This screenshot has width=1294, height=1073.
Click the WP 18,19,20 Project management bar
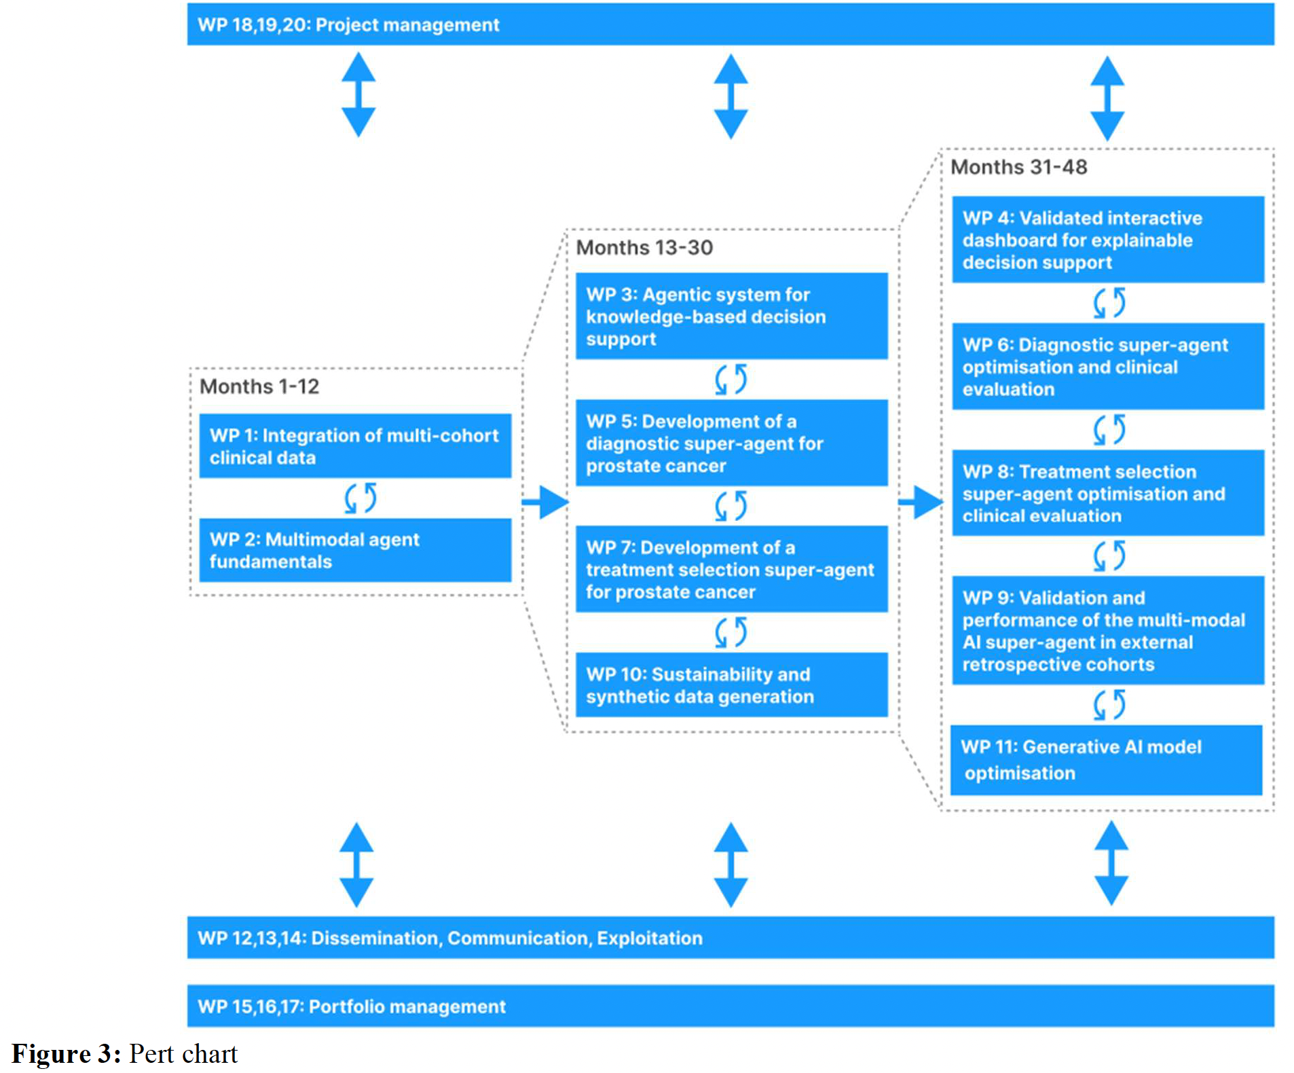coord(731,24)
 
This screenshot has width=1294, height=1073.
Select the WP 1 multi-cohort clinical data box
coord(355,445)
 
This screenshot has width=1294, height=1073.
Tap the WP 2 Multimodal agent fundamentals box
coord(355,550)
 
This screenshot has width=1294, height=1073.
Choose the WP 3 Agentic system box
coord(731,316)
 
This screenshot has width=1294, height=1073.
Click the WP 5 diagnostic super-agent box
coord(731,443)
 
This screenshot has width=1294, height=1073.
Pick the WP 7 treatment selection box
coord(731,569)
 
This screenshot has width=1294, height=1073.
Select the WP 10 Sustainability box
coord(731,685)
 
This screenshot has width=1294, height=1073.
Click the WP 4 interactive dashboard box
coord(1108,240)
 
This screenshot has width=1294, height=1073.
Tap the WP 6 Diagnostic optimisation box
coord(1108,366)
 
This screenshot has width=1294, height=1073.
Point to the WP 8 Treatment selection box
coord(1108,493)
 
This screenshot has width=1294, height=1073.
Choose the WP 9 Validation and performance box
coord(1108,630)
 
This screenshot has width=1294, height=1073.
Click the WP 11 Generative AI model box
coord(1107,760)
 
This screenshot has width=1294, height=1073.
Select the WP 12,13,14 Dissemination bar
coord(731,938)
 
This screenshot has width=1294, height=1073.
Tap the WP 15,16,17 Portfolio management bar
coord(731,1006)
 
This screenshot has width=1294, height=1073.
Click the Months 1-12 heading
coord(259,386)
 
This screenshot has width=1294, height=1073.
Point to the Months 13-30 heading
coord(644,248)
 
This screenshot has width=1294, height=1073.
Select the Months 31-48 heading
coord(1019,167)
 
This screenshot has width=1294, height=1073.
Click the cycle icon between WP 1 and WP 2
coord(361,498)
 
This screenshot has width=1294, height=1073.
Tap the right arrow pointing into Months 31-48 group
coord(921,503)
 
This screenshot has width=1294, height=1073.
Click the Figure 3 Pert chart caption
coord(125,1054)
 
